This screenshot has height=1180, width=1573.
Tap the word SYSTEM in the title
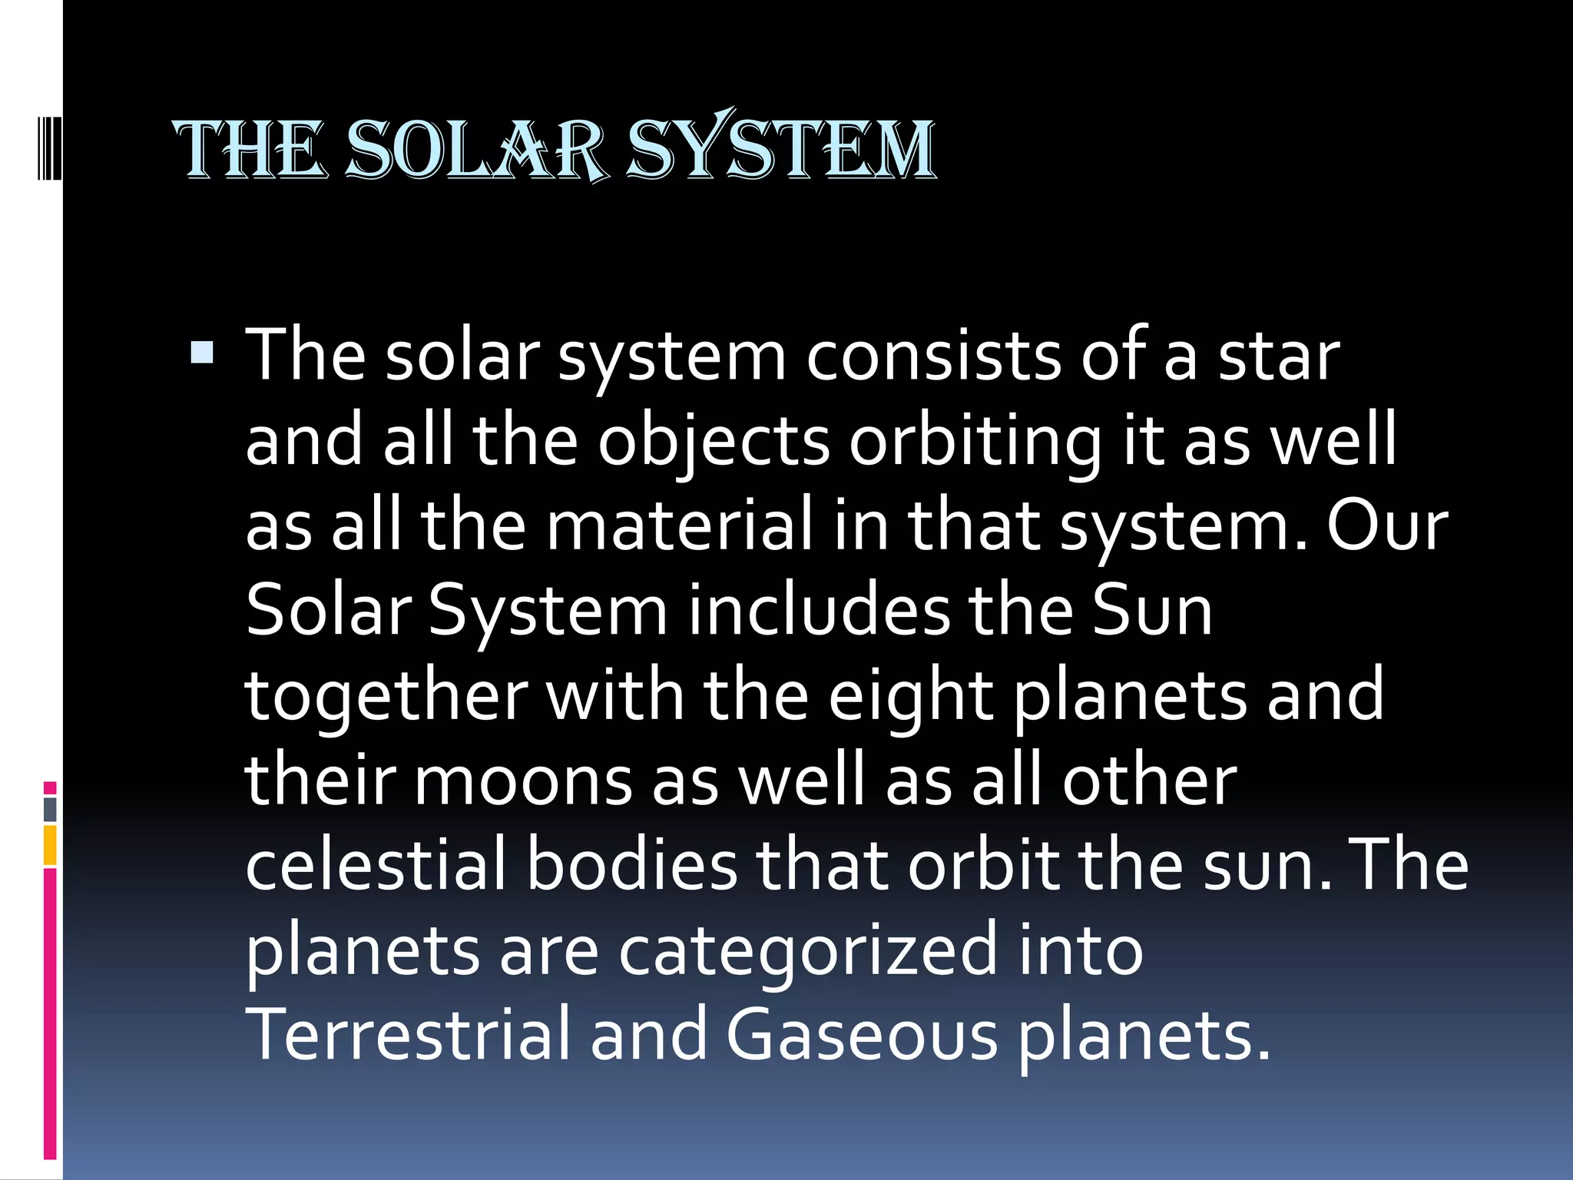(780, 150)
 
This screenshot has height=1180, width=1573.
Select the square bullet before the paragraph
(202, 353)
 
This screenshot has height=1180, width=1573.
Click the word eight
(910, 696)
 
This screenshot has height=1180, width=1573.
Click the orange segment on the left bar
(50, 845)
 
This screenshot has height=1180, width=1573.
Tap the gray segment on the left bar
(50, 809)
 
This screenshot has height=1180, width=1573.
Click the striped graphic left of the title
(50, 146)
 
